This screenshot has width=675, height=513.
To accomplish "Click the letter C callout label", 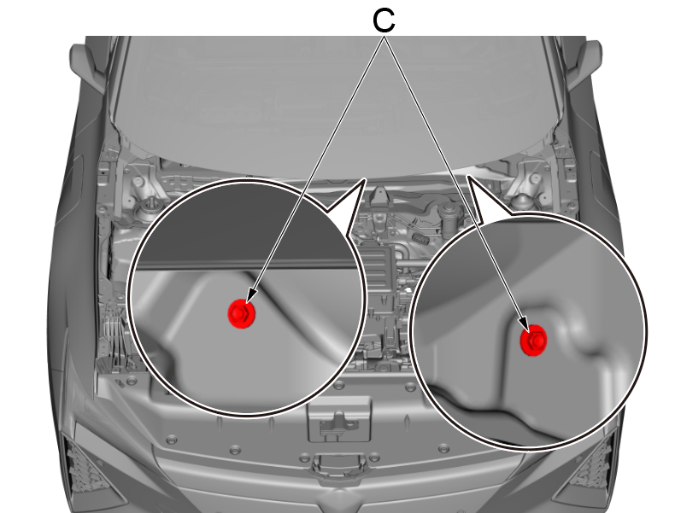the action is [x=384, y=20].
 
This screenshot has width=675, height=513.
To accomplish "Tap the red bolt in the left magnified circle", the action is [x=242, y=313].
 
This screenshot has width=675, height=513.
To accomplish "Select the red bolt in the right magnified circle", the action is [x=533, y=340].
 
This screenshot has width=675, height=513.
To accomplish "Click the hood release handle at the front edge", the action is [x=339, y=463].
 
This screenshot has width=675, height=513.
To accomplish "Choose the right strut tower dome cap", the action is [x=522, y=201].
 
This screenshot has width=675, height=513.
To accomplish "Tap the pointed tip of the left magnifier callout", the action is [x=366, y=179].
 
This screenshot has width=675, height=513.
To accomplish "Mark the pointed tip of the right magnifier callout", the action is [x=467, y=176].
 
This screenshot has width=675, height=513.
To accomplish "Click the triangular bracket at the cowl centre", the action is [x=379, y=196].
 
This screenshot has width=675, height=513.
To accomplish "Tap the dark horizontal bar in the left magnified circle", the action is [x=244, y=263].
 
